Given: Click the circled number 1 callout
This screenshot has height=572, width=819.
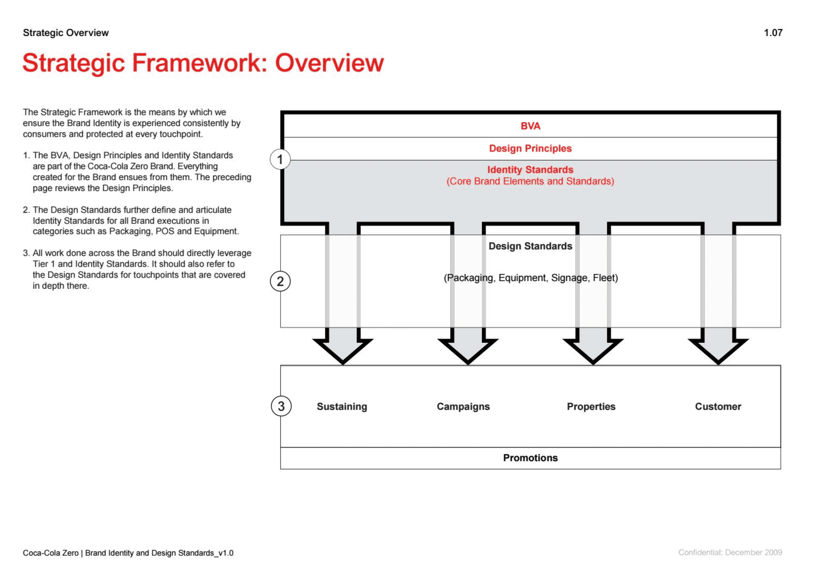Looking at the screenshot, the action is (280, 159).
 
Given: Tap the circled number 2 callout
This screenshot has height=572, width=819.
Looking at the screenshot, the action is (280, 281).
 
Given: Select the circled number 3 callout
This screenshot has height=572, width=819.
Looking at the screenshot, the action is (281, 406).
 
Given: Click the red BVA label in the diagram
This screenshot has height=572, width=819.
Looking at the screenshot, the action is (530, 126).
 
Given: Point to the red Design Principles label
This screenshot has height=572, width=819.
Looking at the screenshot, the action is (530, 148).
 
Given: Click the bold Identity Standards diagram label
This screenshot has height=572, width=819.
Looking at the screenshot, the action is (530, 170).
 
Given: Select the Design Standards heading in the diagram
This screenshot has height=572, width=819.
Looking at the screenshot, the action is (530, 246).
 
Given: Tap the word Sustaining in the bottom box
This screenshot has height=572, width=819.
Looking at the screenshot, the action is (342, 407).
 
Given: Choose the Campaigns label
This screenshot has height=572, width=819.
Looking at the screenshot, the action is (463, 407).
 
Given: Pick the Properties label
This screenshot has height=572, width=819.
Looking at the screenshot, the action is (591, 407).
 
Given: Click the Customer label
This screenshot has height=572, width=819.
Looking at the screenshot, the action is (718, 407).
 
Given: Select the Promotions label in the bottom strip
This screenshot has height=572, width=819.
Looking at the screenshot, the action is (530, 458).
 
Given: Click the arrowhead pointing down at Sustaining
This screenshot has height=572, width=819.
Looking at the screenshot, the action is (343, 350).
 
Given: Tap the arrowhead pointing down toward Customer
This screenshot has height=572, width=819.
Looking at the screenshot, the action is (718, 350).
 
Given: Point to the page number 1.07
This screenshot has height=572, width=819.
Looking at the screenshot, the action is (773, 33).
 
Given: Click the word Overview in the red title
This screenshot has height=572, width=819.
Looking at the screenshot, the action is (329, 63).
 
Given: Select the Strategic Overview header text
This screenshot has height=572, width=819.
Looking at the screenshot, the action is (66, 33).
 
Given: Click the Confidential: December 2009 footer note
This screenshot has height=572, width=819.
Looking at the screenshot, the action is (730, 552).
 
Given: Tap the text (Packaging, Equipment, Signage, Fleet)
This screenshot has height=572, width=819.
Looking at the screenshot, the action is (531, 278).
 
